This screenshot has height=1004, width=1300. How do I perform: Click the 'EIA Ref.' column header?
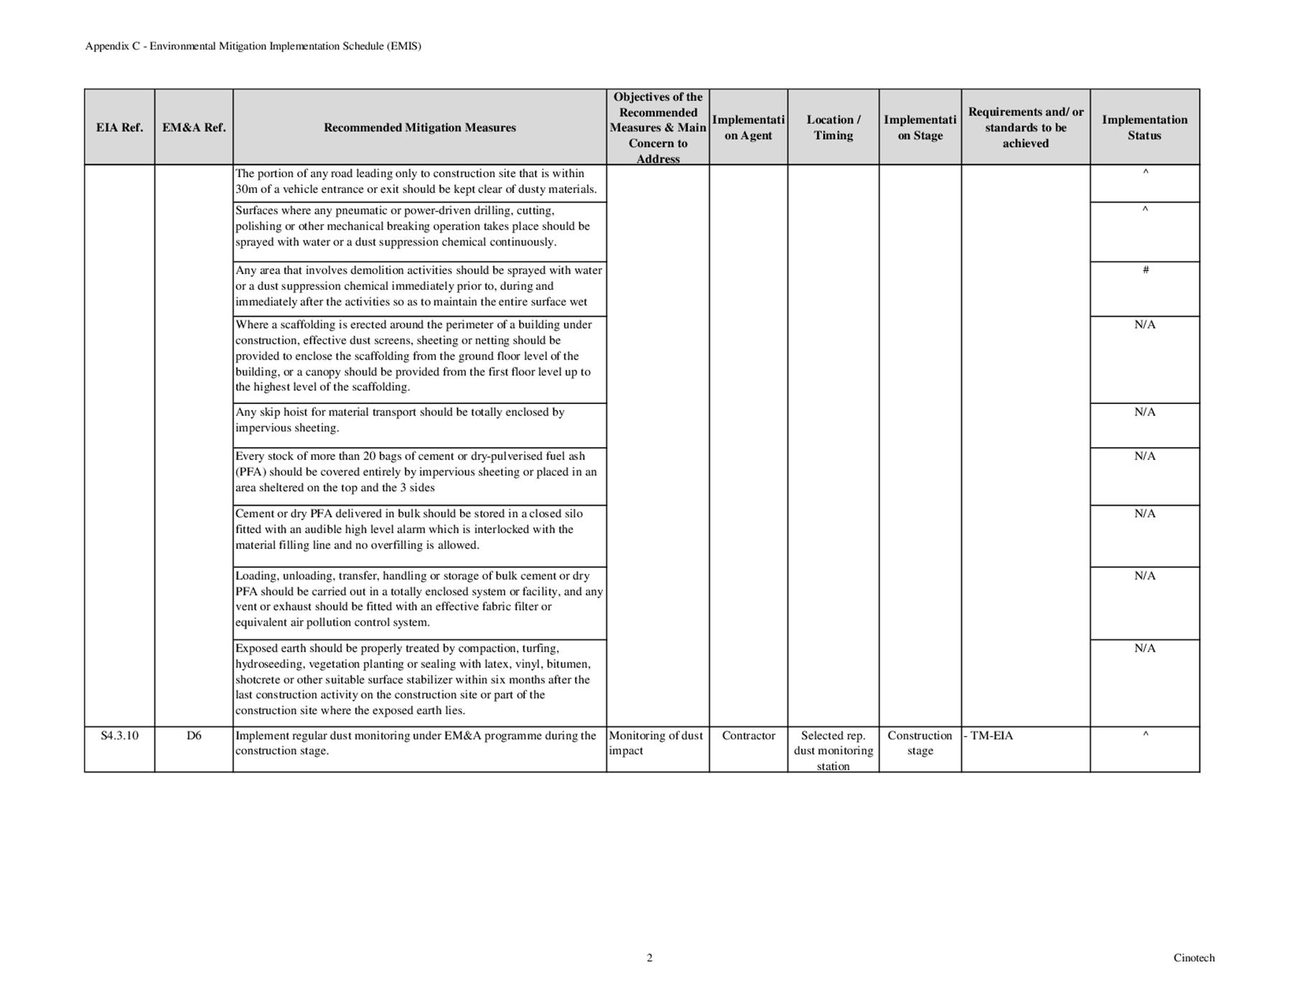tap(119, 128)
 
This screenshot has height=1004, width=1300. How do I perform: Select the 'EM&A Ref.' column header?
tap(194, 128)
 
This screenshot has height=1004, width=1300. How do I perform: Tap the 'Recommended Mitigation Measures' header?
tap(419, 128)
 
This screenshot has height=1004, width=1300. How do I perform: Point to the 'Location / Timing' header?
tap(833, 128)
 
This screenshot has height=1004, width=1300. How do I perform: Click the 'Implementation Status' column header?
tap(1144, 128)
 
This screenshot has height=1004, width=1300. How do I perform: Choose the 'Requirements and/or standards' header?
tap(1025, 128)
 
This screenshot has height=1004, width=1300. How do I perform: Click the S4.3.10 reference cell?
tap(119, 736)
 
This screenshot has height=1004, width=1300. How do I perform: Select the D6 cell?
tap(194, 736)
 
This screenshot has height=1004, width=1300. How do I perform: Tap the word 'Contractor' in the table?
tap(748, 736)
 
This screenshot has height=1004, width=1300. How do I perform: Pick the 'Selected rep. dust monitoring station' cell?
tap(833, 751)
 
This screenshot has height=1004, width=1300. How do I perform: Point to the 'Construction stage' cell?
tap(920, 743)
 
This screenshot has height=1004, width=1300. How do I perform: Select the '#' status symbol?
tap(1145, 270)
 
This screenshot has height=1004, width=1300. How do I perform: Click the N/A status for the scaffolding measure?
tap(1144, 325)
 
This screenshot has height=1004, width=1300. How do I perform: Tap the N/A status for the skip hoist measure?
tap(1144, 412)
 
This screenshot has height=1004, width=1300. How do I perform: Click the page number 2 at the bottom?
tap(650, 957)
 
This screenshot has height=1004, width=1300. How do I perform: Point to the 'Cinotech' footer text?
tap(1194, 957)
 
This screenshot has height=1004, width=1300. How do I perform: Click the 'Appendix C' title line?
tap(253, 46)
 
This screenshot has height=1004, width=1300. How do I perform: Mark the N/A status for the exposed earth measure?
tap(1144, 649)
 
